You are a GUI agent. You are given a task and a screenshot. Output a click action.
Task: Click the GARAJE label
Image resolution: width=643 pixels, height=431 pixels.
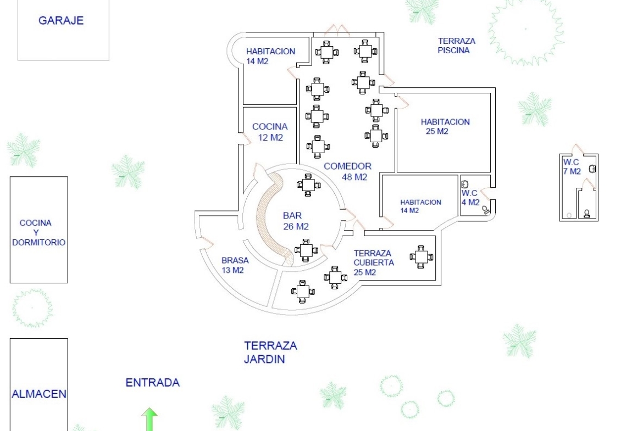[60, 21]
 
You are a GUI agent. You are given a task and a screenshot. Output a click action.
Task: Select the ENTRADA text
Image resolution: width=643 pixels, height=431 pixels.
[153, 383]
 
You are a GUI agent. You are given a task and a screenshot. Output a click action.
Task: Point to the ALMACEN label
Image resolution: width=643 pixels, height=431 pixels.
[39, 394]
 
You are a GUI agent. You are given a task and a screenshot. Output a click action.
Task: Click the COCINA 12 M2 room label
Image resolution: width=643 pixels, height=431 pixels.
[270, 132]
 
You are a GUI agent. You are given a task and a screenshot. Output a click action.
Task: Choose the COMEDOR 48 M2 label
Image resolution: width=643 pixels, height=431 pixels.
[347, 171]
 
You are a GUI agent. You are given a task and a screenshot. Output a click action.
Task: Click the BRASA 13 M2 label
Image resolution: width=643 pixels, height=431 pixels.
[235, 265]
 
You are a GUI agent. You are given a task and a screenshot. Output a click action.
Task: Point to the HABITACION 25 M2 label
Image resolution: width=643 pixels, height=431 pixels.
[445, 126]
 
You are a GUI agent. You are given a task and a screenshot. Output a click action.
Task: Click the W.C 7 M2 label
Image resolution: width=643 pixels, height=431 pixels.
[572, 166]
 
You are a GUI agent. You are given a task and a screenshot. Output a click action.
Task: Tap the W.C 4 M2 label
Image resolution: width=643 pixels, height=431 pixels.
[469, 198]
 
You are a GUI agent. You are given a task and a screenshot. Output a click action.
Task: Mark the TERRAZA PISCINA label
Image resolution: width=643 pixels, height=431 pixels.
[456, 46]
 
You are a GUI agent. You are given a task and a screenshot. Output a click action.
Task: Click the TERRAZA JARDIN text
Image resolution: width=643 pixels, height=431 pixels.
[270, 352]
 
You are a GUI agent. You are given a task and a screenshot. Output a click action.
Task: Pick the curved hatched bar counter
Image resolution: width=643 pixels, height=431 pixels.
[273, 220]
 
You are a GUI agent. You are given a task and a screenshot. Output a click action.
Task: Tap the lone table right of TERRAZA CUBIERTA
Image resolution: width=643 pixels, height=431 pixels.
[422, 256]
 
